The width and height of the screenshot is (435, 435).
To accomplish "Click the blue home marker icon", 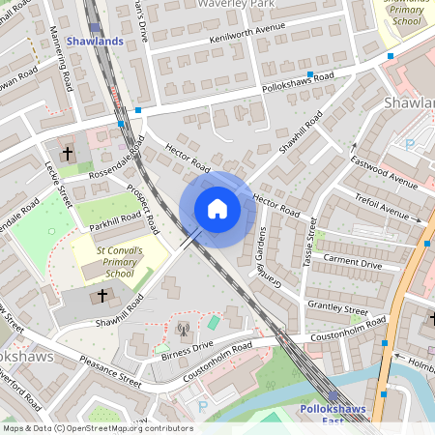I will [x=217, y=209].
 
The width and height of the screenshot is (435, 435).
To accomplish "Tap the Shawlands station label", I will [x=97, y=40].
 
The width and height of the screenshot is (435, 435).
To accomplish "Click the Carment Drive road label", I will [x=352, y=260].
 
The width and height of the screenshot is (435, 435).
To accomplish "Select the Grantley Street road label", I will [x=337, y=305].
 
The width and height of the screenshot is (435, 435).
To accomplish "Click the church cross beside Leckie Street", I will [x=68, y=153].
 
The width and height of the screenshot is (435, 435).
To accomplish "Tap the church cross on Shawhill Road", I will [x=103, y=295].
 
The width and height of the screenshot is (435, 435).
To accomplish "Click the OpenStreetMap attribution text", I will [x=98, y=428].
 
